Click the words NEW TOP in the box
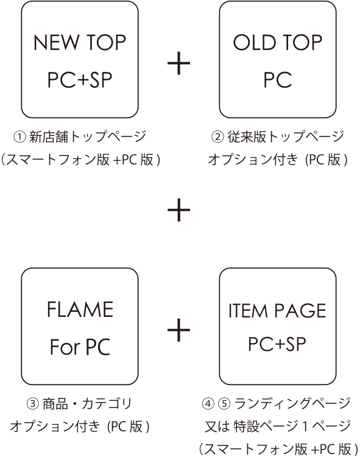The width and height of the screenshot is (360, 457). [x=80, y=43]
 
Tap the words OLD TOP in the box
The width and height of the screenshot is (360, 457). [x=278, y=43]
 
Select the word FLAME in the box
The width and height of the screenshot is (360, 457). [x=80, y=309]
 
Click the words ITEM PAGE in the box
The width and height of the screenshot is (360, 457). [x=277, y=310]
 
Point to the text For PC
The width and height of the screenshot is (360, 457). [x=80, y=347]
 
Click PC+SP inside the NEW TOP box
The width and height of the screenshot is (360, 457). [x=80, y=80]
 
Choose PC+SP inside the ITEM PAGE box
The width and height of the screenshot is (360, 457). [x=277, y=344]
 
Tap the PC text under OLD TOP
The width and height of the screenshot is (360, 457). [x=278, y=80]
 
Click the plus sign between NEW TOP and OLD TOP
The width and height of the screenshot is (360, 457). [x=179, y=63]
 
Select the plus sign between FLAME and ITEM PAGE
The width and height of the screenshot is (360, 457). [x=179, y=330]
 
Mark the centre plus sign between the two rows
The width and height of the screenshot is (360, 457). [x=179, y=210]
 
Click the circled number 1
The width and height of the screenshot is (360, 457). [x=19, y=137]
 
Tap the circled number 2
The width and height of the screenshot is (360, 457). [x=217, y=137]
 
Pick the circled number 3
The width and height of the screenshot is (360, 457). [x=33, y=404]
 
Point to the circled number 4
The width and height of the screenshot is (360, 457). [x=208, y=403]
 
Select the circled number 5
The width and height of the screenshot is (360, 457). [x=224, y=403]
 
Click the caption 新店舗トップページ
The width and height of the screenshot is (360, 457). [x=88, y=136]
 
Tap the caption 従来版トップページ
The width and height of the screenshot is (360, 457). [x=286, y=136]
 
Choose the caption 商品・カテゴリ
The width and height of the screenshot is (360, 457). [x=87, y=404]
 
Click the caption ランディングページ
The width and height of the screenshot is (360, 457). [x=292, y=403]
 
